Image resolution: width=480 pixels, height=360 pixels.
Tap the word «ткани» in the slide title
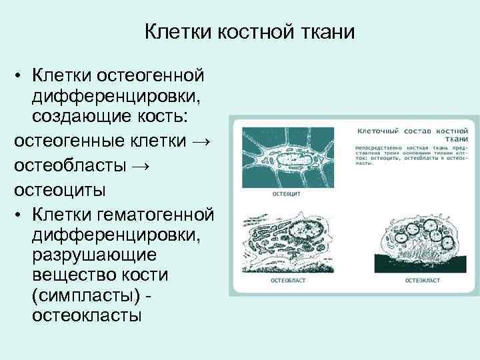(x=325, y=31)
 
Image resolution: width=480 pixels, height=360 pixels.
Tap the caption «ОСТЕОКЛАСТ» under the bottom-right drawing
(x=423, y=281)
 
